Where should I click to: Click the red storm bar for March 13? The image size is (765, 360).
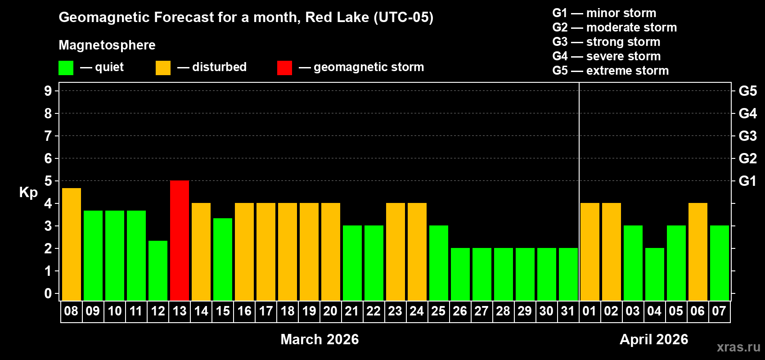pos(180,240)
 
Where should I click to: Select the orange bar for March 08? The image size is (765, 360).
pos(72,244)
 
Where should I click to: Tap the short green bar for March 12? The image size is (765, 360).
pos(158,270)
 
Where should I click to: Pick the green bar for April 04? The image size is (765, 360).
pos(655,274)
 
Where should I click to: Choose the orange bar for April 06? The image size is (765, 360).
pos(698,252)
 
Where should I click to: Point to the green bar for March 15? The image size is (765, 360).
pos(223,259)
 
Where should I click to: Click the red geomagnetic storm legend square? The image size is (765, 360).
pos(284,68)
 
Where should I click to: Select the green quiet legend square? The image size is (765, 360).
pos(66,68)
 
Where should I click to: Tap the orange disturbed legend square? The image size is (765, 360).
pos(163,68)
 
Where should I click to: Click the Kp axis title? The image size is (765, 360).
pos(28,192)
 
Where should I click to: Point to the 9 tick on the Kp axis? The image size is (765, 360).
pos(48,91)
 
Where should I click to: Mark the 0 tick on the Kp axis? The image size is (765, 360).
pos(48,293)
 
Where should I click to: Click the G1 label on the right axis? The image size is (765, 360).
pos(747,181)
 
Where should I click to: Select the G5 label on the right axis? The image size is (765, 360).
pos(747,91)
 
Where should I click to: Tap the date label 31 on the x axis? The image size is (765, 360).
pos(568,311)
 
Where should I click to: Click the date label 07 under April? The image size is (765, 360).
pos(719,311)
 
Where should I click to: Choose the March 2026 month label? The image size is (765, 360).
pos(319,339)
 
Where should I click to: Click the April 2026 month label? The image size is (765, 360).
pos(654,339)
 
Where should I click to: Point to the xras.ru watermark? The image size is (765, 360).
pos(738,347)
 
